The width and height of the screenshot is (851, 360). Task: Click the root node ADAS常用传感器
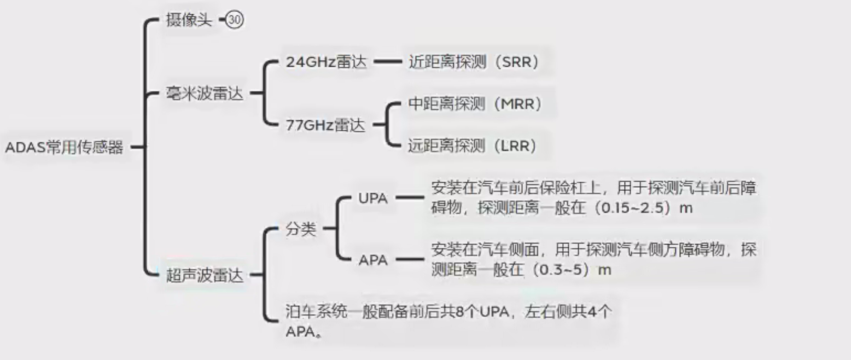click(x=64, y=147)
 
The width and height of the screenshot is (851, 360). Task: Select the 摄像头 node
click(x=189, y=21)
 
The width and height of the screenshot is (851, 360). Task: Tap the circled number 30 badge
click(x=236, y=21)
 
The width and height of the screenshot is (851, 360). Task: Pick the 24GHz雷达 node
click(x=327, y=62)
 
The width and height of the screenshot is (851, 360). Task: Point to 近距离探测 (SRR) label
click(x=474, y=62)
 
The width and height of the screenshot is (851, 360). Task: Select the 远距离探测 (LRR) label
click(x=472, y=146)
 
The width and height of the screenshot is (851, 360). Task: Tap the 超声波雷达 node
click(x=204, y=275)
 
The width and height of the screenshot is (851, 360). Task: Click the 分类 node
click(x=301, y=229)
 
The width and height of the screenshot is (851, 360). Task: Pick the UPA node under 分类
click(x=373, y=199)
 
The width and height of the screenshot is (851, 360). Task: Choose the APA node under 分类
click(x=373, y=260)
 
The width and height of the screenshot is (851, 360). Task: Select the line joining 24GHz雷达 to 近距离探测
click(x=388, y=62)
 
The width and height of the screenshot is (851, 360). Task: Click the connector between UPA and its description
click(x=410, y=199)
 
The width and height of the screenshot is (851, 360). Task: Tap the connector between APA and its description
click(x=410, y=260)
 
